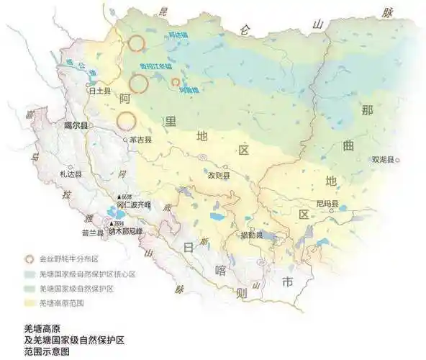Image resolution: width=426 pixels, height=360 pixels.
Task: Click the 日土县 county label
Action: pyautogui.click(x=98, y=92)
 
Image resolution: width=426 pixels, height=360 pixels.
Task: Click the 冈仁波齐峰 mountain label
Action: pyautogui.click(x=132, y=204)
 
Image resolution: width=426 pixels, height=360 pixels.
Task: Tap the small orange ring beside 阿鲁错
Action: pyautogui.click(x=175, y=83)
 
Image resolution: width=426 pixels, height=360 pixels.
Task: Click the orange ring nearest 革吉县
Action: pyautogui.click(x=127, y=120)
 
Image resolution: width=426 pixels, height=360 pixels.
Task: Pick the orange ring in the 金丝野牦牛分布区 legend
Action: pyautogui.click(x=30, y=258)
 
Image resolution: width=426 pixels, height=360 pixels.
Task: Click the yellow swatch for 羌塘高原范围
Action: pyautogui.click(x=30, y=302)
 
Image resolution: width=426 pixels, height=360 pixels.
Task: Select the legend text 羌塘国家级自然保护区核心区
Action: pyautogui.click(x=87, y=274)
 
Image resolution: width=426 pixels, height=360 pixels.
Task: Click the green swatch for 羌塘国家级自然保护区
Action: pyautogui.click(x=30, y=288)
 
